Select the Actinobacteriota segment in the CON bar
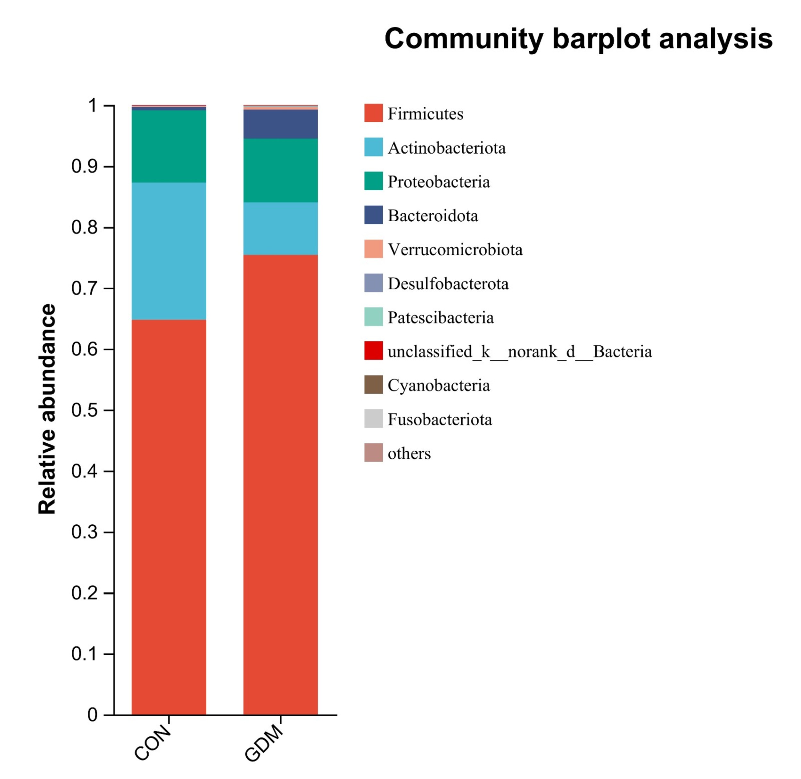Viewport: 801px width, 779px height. (169, 251)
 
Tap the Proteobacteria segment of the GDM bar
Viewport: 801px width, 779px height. (280, 170)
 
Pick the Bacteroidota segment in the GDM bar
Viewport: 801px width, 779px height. (280, 124)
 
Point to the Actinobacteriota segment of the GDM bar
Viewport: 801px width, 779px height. (280, 228)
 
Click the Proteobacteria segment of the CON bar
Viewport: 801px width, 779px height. (169, 146)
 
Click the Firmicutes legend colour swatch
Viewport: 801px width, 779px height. (373, 113)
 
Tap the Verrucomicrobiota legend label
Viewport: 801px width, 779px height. (455, 250)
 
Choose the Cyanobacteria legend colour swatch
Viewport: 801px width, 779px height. (373, 385)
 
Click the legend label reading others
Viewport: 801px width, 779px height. (409, 453)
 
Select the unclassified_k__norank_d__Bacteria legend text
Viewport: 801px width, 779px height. (519, 351)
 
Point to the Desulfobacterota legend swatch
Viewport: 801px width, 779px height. (373, 283)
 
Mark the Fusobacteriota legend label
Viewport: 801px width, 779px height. (440, 419)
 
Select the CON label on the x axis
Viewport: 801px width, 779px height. (153, 747)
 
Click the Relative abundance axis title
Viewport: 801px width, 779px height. (47, 409)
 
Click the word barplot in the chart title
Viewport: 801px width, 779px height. (601, 40)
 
